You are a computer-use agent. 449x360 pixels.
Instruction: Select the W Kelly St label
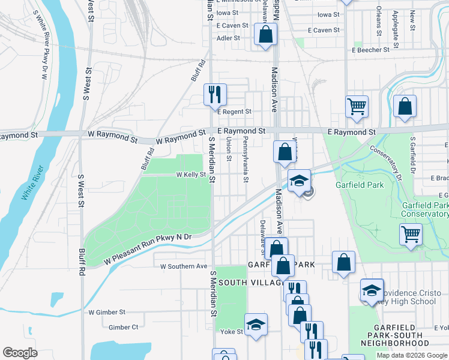(191, 175)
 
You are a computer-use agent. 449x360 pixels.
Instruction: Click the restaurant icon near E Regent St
(215, 95)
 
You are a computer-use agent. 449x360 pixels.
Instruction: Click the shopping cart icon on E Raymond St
(357, 107)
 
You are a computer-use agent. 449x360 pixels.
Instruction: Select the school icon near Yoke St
(256, 325)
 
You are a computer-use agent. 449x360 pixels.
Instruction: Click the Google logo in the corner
(20, 353)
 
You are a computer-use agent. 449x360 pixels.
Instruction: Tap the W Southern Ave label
(183, 266)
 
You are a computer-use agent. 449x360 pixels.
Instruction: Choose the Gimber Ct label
(124, 327)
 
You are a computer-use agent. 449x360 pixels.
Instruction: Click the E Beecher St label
(371, 50)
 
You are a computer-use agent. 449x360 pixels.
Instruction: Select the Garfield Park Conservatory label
(425, 209)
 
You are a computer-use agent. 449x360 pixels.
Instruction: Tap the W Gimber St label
(107, 312)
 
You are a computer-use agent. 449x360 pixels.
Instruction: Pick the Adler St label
(228, 38)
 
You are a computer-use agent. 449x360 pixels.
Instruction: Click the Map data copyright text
(412, 355)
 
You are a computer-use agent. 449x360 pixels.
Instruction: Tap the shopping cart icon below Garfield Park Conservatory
(411, 234)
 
